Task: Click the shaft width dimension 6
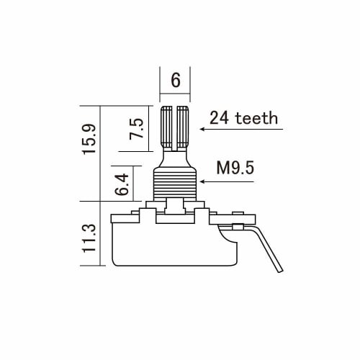(175, 80)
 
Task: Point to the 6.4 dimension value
(122, 184)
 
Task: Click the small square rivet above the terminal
(235, 213)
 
